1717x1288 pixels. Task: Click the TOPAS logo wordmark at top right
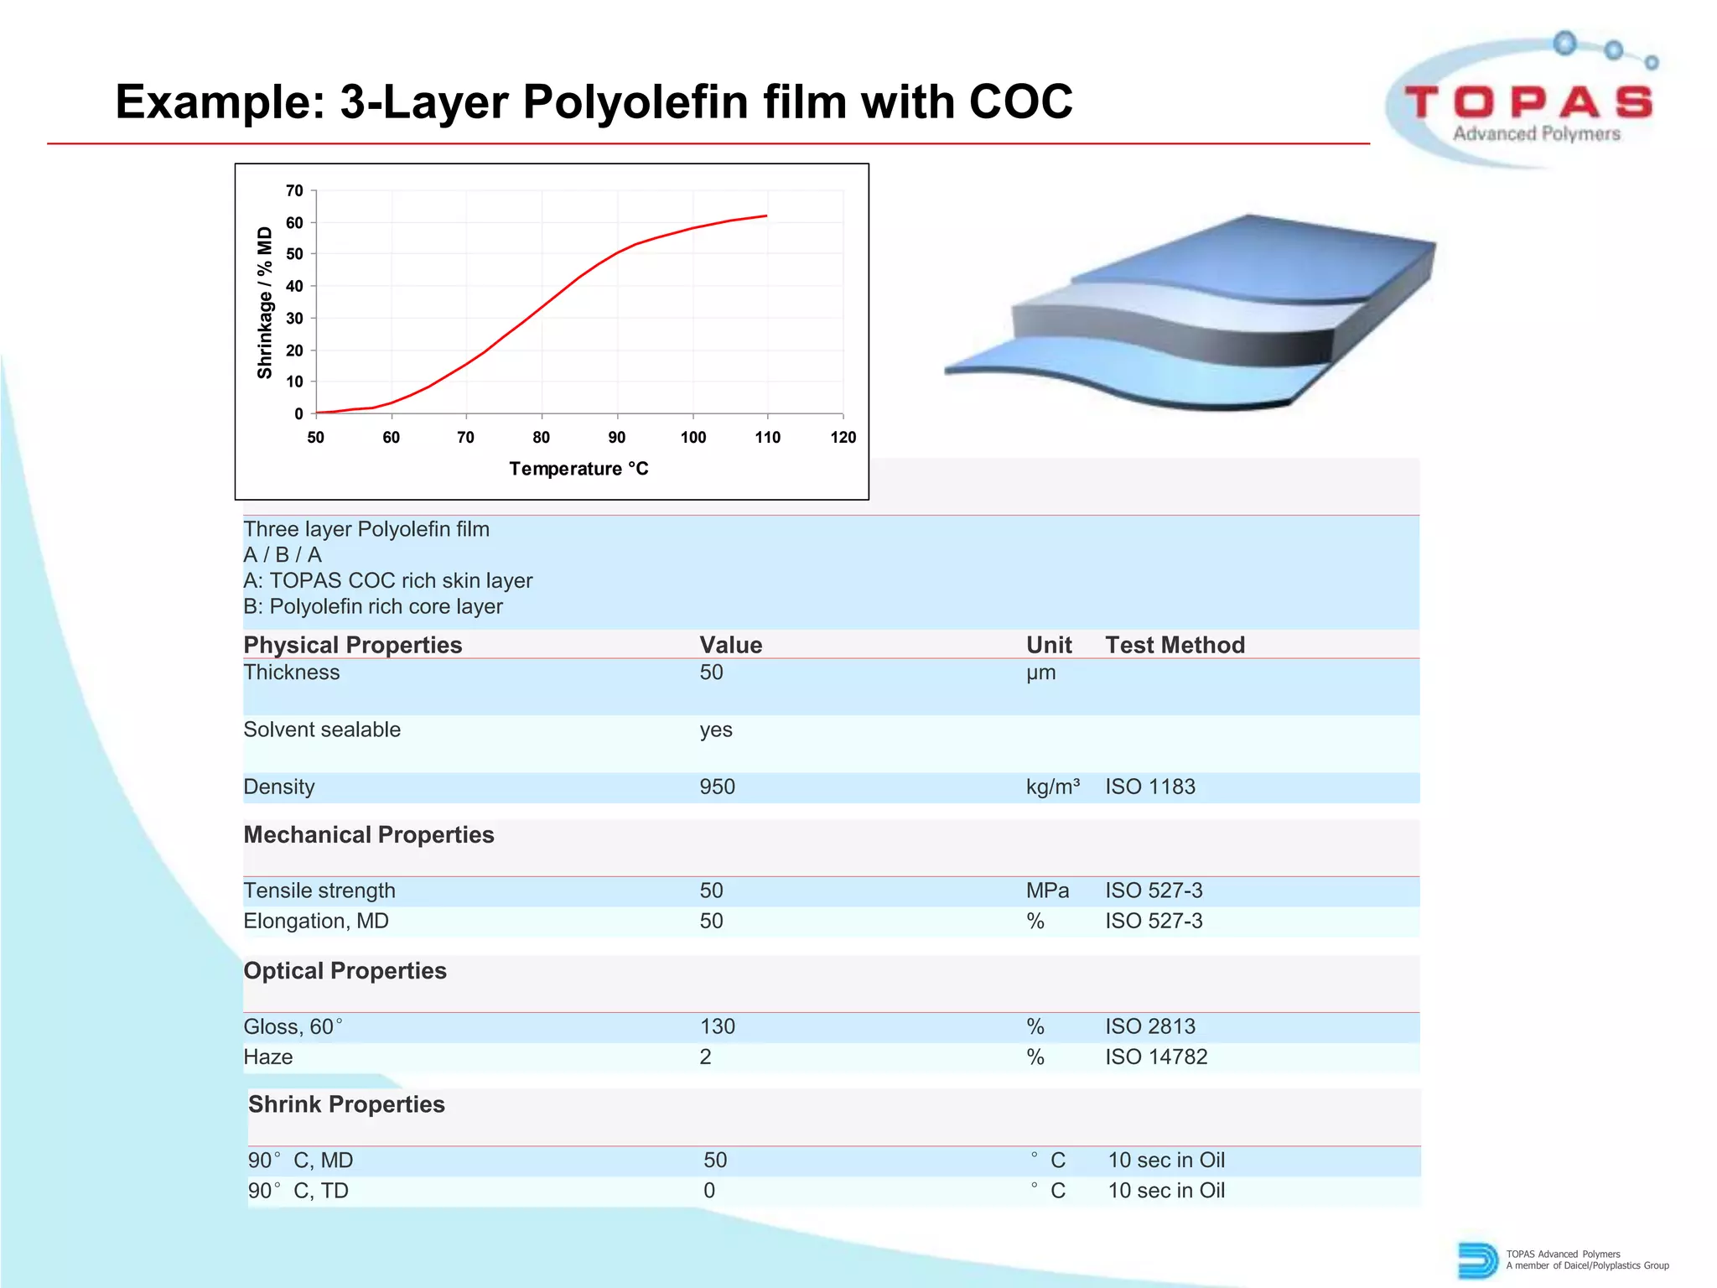click(1528, 103)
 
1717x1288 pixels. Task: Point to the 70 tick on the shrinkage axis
click(294, 191)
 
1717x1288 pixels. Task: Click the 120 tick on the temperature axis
click(843, 437)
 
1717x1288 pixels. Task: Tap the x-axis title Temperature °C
click(578, 469)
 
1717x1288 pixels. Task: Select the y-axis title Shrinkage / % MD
click(265, 303)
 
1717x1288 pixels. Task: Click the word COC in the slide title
click(1020, 102)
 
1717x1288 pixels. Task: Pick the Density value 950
click(717, 787)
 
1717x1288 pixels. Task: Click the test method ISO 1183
click(1149, 787)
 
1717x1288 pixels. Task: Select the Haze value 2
click(705, 1057)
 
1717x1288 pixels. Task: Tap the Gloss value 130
click(717, 1026)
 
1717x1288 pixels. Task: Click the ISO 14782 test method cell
click(1155, 1057)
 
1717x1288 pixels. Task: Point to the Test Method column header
click(1175, 645)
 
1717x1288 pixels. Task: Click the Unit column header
click(1049, 645)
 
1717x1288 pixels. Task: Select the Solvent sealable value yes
click(716, 730)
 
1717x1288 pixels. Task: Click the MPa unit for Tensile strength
click(1047, 891)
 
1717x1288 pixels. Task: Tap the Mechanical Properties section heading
click(369, 835)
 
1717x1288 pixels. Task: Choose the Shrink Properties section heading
click(346, 1104)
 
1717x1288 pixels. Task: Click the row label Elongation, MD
click(316, 921)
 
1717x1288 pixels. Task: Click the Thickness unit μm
click(1040, 673)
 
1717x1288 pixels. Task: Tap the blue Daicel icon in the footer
click(1476, 1260)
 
